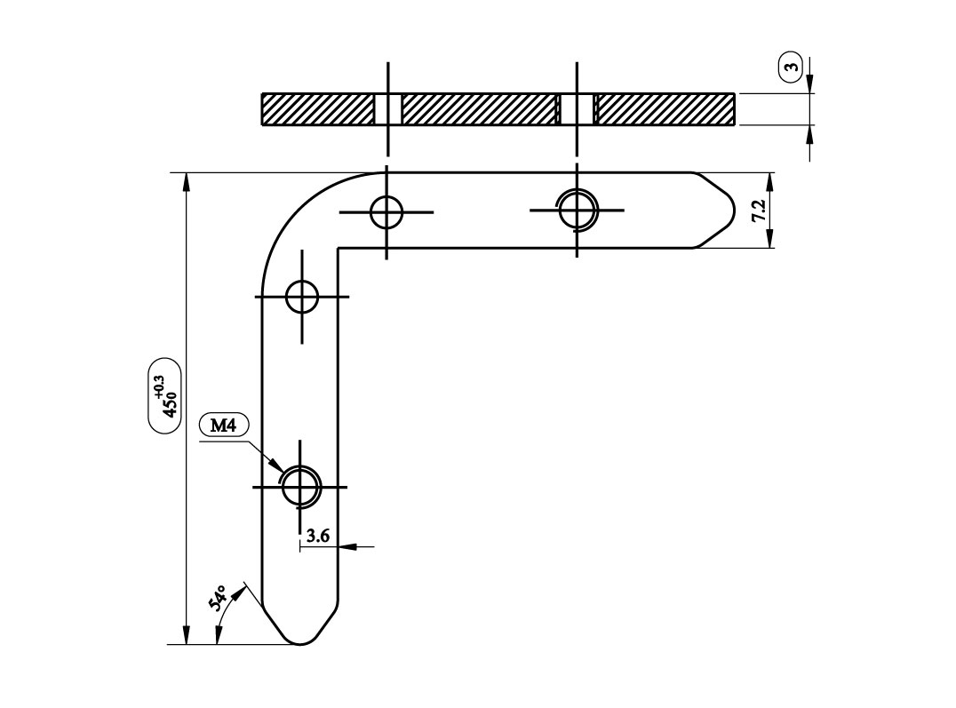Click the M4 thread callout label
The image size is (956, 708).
coord(223,426)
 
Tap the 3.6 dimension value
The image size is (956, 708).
coord(317,536)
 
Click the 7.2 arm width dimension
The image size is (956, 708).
coord(758,211)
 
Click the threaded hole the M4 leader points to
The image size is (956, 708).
coord(301,487)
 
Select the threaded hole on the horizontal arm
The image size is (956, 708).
coord(577,211)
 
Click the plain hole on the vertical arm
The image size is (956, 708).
coord(302,297)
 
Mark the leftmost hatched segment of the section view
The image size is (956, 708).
coord(317,109)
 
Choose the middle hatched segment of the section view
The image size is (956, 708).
coord(479,109)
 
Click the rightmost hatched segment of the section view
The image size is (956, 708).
coord(665,109)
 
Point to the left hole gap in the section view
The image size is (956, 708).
coord(387,109)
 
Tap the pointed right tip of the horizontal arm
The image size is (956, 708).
coord(733,211)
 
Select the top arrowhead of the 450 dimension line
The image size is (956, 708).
coord(187,180)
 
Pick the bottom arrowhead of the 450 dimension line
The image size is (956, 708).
coord(187,636)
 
